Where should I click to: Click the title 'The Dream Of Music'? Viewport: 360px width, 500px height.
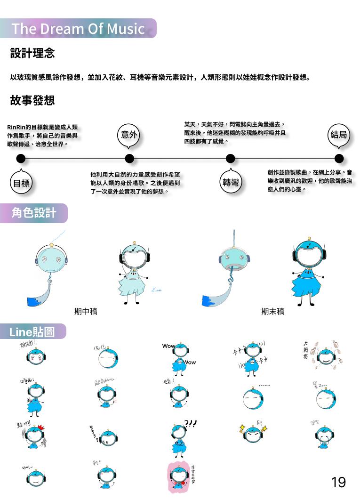click(78, 29)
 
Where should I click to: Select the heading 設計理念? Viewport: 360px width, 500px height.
click(32, 53)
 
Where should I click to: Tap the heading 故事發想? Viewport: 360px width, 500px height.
click(32, 100)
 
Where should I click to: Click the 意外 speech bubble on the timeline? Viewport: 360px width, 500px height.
click(129, 135)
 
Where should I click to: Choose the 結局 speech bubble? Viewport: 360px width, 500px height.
click(339, 135)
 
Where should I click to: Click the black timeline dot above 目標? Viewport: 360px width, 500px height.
click(21, 158)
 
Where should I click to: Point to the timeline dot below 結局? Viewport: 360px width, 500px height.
click(339, 158)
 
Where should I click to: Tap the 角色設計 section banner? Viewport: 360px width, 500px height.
click(33, 213)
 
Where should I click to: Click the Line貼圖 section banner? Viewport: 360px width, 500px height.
click(32, 332)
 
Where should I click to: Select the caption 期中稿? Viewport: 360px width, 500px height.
click(86, 311)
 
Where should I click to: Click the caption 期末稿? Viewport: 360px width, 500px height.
click(272, 311)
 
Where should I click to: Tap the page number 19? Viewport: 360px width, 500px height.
click(338, 482)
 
